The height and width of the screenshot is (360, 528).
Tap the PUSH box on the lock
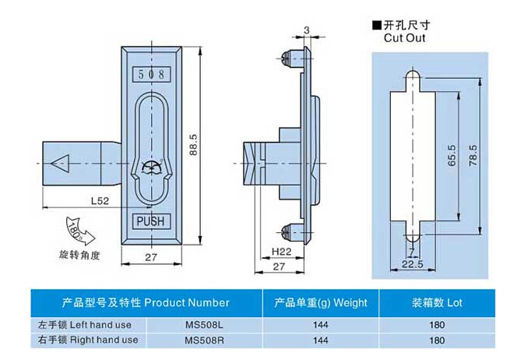click(x=150, y=221)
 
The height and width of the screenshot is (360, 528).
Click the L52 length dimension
click(x=98, y=201)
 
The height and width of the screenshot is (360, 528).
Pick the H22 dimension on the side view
click(x=281, y=251)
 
